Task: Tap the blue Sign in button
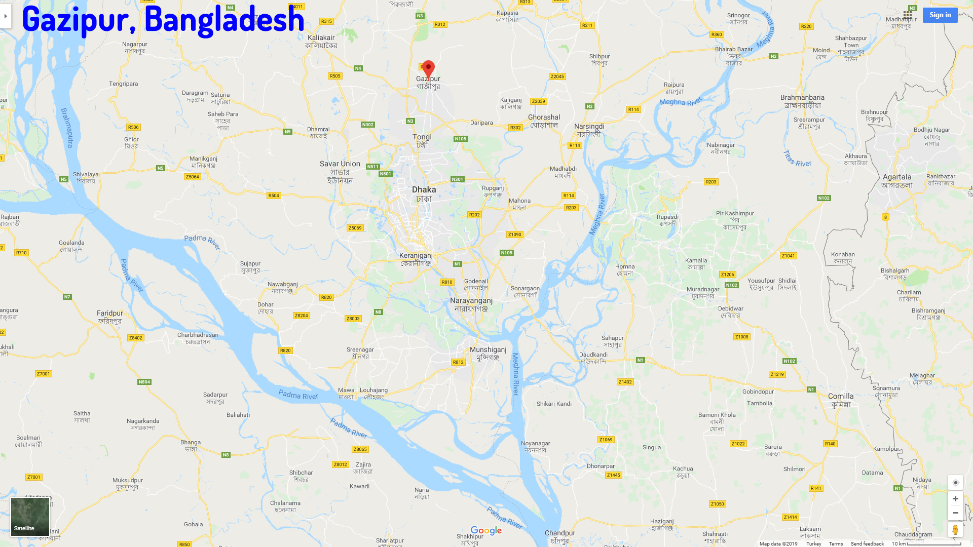[940, 15]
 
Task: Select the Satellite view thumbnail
[30, 517]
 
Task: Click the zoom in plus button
[955, 499]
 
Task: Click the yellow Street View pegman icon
[955, 530]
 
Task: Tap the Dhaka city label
[424, 190]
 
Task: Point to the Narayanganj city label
[471, 301]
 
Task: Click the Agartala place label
[897, 177]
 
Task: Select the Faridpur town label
[109, 314]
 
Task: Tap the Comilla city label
[841, 397]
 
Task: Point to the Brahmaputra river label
[67, 128]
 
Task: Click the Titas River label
[797, 159]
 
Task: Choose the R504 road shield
[274, 196]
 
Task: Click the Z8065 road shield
[360, 449]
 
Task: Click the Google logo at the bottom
[486, 531]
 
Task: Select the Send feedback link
[867, 543]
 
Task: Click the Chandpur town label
[560, 533]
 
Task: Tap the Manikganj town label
[203, 159]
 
